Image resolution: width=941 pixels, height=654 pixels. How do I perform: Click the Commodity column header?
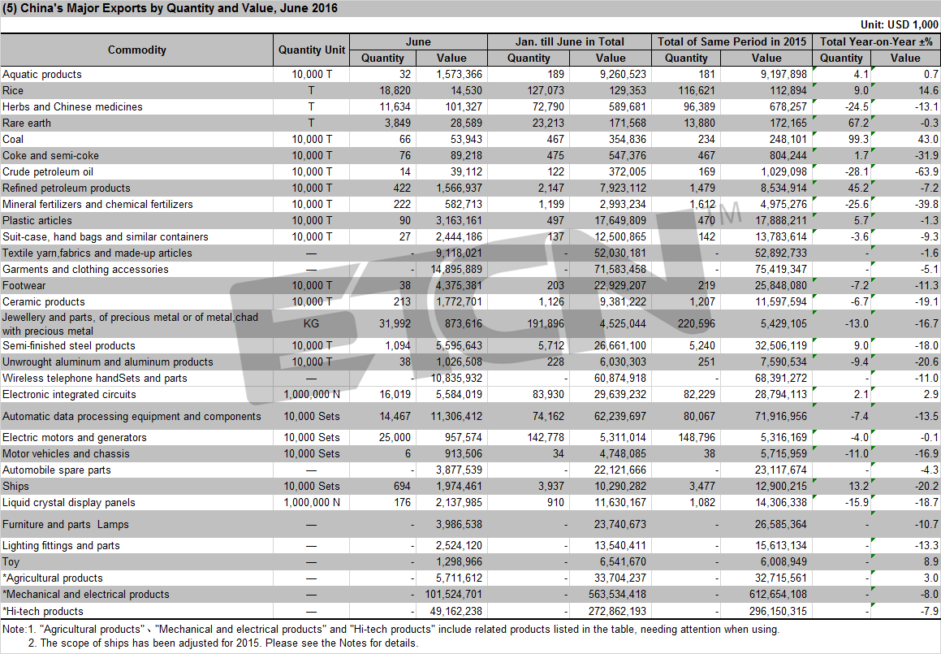pos(137,50)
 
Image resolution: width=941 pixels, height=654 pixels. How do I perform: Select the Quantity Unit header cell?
pos(312,50)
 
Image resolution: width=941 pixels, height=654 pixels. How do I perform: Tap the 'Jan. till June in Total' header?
pos(569,41)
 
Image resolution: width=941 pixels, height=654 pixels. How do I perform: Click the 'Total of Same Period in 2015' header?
pos(732,41)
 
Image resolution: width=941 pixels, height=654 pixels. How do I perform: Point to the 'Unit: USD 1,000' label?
pos(899,24)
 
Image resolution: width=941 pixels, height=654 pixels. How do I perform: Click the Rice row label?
pos(13,91)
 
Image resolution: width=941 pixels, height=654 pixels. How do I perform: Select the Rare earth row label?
pos(27,123)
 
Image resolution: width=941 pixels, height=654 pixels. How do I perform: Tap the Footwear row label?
pos(24,286)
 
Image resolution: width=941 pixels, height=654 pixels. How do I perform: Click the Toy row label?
pos(11,562)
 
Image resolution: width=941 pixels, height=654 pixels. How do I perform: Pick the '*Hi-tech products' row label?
pos(42,612)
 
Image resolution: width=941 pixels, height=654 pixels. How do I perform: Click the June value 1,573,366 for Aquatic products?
pos(459,75)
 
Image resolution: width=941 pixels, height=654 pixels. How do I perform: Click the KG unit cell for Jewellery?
pos(311,323)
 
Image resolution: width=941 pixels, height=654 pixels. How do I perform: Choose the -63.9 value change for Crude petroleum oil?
pos(928,171)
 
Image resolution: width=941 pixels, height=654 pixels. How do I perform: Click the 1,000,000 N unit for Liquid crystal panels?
pos(312,503)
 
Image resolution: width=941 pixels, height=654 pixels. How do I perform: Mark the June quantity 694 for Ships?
pos(402,487)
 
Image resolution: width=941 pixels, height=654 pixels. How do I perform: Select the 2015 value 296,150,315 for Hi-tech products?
pos(778,612)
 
